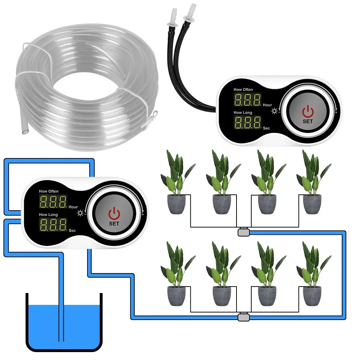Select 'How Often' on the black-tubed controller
(x=243, y=89)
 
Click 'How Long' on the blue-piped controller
(x=49, y=215)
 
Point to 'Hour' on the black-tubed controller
(x=267, y=105)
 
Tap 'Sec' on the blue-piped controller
(x=72, y=230)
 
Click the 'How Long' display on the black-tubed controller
(x=247, y=122)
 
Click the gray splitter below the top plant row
(x=244, y=232)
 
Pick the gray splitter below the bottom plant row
(x=244, y=317)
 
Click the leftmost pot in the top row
(x=176, y=204)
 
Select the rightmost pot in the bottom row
(x=312, y=296)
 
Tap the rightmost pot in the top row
(x=312, y=204)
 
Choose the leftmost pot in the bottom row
(x=176, y=296)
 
